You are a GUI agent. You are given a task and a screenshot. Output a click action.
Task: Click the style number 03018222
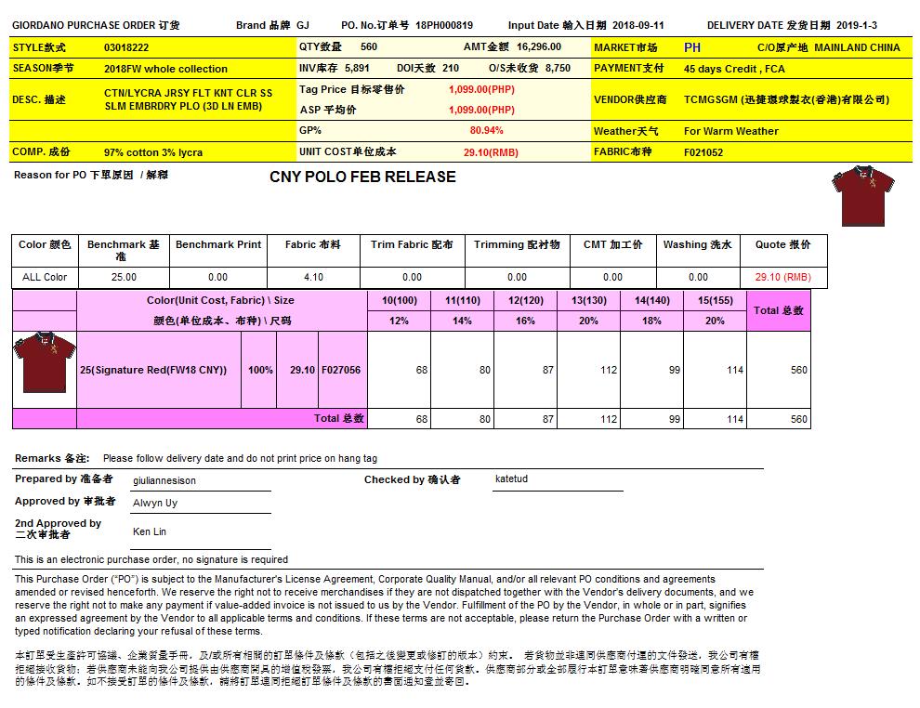(x=126, y=47)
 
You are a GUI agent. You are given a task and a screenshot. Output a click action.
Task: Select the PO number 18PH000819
(x=444, y=26)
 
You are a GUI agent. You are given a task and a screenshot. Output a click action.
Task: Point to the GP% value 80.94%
(x=486, y=131)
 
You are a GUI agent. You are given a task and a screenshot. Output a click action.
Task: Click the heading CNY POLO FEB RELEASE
(x=362, y=177)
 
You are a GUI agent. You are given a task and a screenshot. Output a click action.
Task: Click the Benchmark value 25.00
(x=124, y=277)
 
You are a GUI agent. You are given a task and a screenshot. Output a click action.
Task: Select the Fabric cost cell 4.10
(x=313, y=277)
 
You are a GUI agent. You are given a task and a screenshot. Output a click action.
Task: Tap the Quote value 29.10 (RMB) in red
(x=782, y=277)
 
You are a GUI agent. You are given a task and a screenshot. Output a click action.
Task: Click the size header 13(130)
(x=588, y=300)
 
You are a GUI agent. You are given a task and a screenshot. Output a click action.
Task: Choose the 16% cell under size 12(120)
(x=525, y=321)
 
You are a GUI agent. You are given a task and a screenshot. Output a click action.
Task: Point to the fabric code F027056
(x=341, y=370)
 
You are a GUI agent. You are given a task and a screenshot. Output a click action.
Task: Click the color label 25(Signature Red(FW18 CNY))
(x=153, y=370)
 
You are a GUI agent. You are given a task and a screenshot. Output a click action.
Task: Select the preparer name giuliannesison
(x=164, y=481)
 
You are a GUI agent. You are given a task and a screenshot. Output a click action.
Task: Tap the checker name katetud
(x=511, y=479)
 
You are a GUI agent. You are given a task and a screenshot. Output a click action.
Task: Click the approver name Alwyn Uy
(x=155, y=503)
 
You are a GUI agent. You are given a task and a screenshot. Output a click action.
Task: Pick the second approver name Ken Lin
(x=149, y=532)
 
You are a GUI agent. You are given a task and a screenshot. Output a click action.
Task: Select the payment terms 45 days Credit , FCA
(x=734, y=69)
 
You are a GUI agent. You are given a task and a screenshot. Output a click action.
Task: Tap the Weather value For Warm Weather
(x=731, y=131)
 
